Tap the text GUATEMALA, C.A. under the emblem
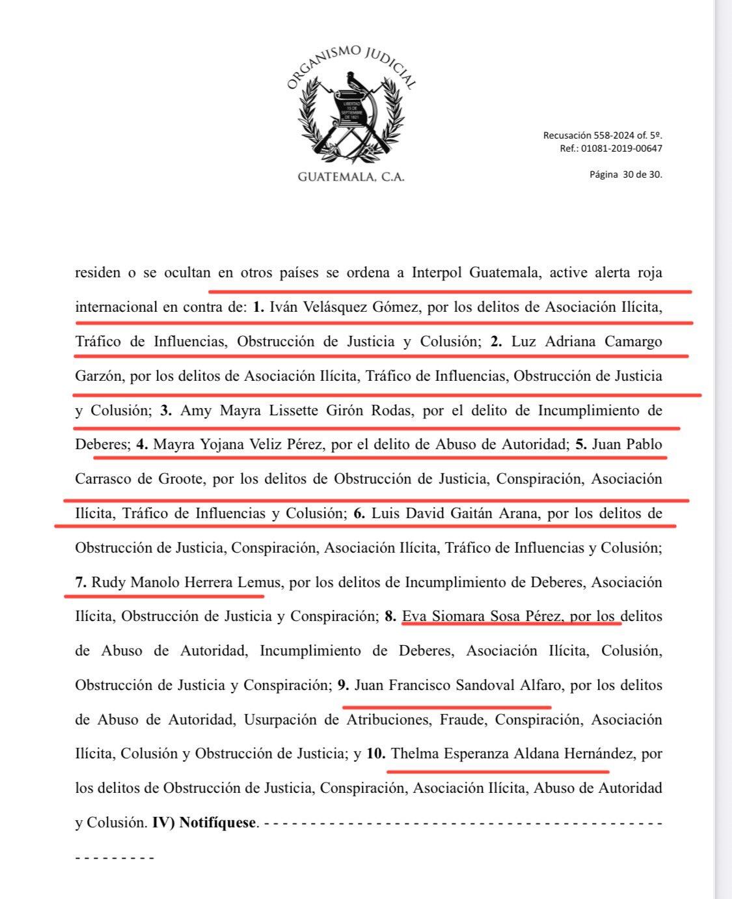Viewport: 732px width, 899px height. click(x=351, y=177)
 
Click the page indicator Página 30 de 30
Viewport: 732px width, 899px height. click(x=626, y=174)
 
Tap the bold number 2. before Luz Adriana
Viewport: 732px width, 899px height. click(x=496, y=341)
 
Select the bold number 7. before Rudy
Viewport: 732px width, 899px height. click(x=81, y=582)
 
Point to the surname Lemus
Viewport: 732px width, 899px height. click(x=259, y=582)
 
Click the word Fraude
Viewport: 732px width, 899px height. click(x=463, y=719)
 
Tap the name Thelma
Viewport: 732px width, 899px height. click(x=414, y=754)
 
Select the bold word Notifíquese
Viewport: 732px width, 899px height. click(x=217, y=822)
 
